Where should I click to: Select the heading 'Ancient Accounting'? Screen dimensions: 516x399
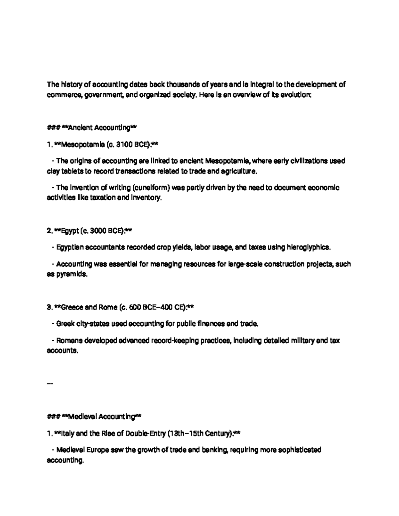click(x=99, y=128)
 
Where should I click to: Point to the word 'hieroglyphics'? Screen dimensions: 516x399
click(x=308, y=248)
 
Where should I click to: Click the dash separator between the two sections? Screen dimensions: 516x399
click(x=50, y=384)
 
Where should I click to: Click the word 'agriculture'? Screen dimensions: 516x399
click(x=239, y=172)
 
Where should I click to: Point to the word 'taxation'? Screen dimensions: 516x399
click(x=98, y=198)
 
